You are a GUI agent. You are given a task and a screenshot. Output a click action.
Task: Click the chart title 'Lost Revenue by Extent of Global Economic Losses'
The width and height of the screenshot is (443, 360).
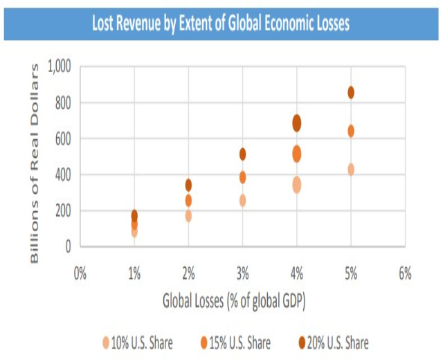pyautogui.click(x=221, y=24)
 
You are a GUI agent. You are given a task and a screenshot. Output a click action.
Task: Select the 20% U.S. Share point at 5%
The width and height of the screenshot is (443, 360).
pyautogui.click(x=351, y=93)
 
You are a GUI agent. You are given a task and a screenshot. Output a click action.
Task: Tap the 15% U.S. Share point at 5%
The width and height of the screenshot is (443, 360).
pyautogui.click(x=351, y=131)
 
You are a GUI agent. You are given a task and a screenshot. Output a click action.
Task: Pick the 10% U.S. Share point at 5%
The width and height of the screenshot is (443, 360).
pyautogui.click(x=351, y=170)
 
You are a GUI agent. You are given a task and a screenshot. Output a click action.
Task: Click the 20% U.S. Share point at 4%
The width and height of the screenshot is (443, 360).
pyautogui.click(x=297, y=123)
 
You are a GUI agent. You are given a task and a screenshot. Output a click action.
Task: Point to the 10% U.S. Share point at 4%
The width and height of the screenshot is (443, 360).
pyautogui.click(x=297, y=185)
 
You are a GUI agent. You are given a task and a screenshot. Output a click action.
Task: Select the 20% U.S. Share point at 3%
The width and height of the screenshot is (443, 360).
pyautogui.click(x=242, y=154)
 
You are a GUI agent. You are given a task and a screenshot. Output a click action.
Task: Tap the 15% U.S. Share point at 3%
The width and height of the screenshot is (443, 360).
pyautogui.click(x=242, y=177)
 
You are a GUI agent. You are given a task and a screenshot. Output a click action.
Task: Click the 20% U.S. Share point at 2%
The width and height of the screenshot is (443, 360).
pyautogui.click(x=188, y=185)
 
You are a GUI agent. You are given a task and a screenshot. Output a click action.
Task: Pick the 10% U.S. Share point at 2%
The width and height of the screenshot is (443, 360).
pyautogui.click(x=188, y=215)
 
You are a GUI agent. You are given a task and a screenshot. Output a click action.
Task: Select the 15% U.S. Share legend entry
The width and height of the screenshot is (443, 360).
pyautogui.click(x=235, y=343)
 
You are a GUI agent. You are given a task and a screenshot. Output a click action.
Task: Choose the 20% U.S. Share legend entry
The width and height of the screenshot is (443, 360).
pyautogui.click(x=333, y=343)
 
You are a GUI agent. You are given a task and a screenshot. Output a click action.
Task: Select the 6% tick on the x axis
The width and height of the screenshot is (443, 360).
pyautogui.click(x=405, y=273)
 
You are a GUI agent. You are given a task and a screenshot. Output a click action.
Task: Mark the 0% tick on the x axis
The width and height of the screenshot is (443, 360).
pyautogui.click(x=80, y=273)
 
